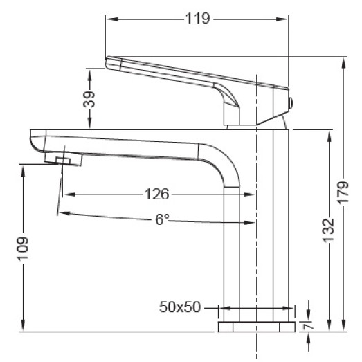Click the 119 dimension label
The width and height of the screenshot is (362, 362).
tap(197, 19)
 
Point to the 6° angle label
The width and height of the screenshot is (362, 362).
tap(161, 221)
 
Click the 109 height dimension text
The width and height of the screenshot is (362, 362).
tap(22, 247)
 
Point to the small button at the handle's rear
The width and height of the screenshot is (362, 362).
tap(291, 103)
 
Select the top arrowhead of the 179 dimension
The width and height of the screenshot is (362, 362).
tap(342, 60)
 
